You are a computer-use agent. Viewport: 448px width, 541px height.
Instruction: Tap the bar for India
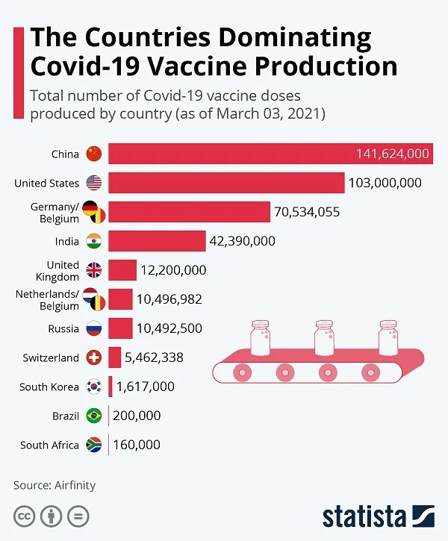pos(157,241)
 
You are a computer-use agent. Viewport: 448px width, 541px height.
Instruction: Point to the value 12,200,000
pos(173,270)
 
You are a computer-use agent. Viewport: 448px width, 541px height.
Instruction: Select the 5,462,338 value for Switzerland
pos(154,357)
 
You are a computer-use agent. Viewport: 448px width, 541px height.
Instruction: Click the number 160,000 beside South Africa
pos(137,445)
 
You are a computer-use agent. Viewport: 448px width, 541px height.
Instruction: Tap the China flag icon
pos(93,154)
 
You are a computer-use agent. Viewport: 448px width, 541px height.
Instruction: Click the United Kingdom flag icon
pos(93,270)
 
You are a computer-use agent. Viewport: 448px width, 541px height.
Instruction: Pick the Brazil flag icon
pos(93,416)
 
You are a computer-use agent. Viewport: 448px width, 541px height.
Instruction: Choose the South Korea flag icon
pos(93,387)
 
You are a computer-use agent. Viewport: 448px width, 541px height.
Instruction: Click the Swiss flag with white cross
pos(93,357)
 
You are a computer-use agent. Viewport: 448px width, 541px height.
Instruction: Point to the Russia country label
pos(62,328)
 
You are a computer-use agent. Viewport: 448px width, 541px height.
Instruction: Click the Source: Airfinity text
pos(55,485)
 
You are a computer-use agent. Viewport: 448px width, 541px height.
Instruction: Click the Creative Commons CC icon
pos(25,516)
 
